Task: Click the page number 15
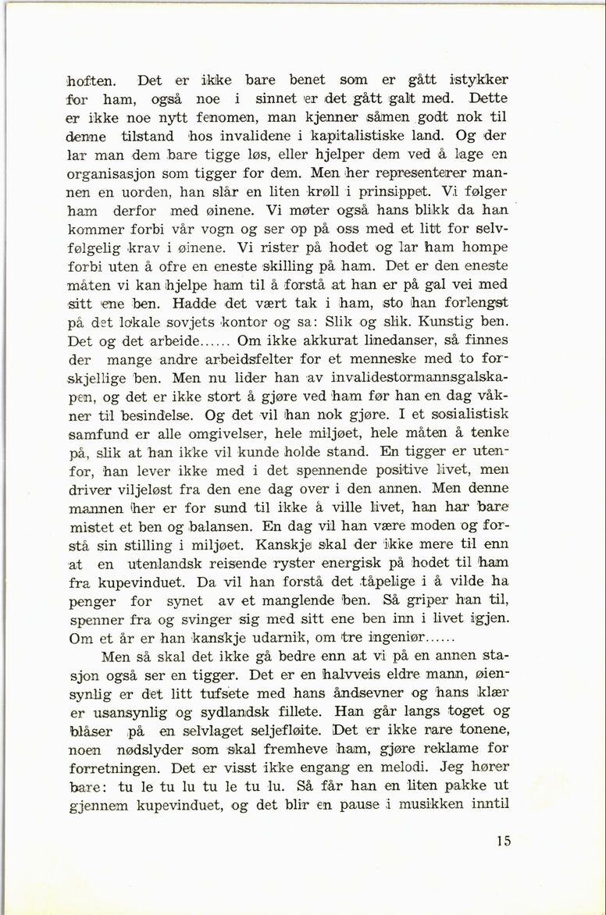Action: click(x=503, y=841)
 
